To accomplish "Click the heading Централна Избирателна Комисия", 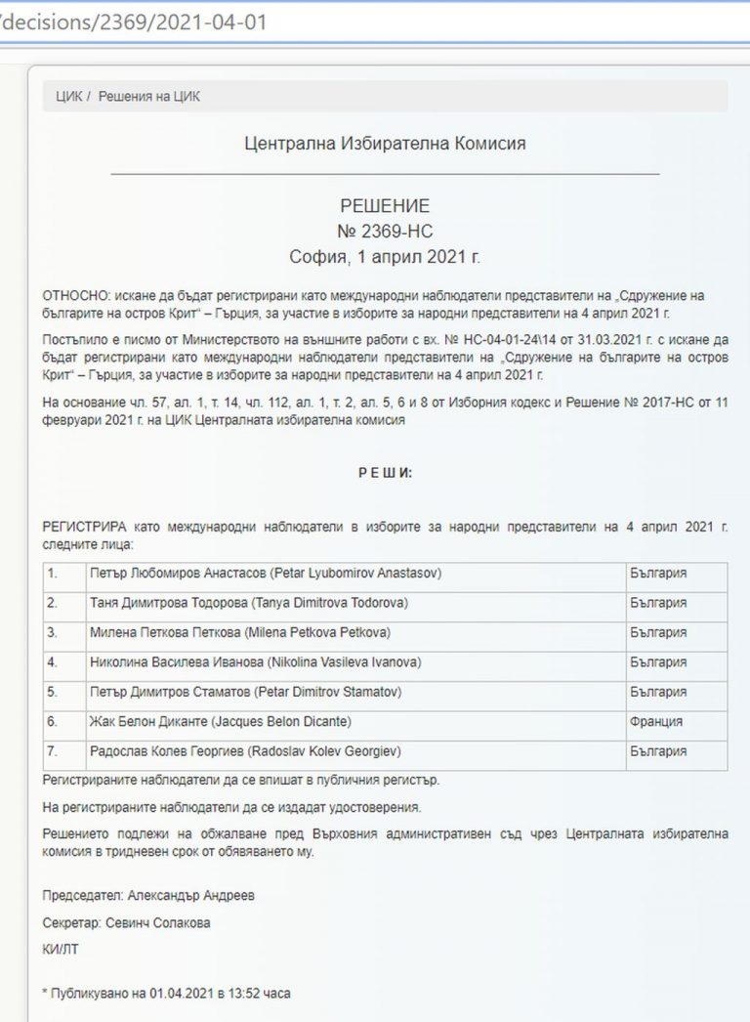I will coord(385,144).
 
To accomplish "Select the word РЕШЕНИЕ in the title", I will coord(385,206).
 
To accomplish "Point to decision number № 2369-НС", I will coord(385,232).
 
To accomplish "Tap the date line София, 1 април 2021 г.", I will coord(385,257).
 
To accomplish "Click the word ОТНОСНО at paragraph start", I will coord(74,294).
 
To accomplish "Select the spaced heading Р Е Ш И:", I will coord(385,472).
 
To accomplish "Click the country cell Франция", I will coord(656,722).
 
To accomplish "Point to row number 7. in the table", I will coord(54,752).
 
